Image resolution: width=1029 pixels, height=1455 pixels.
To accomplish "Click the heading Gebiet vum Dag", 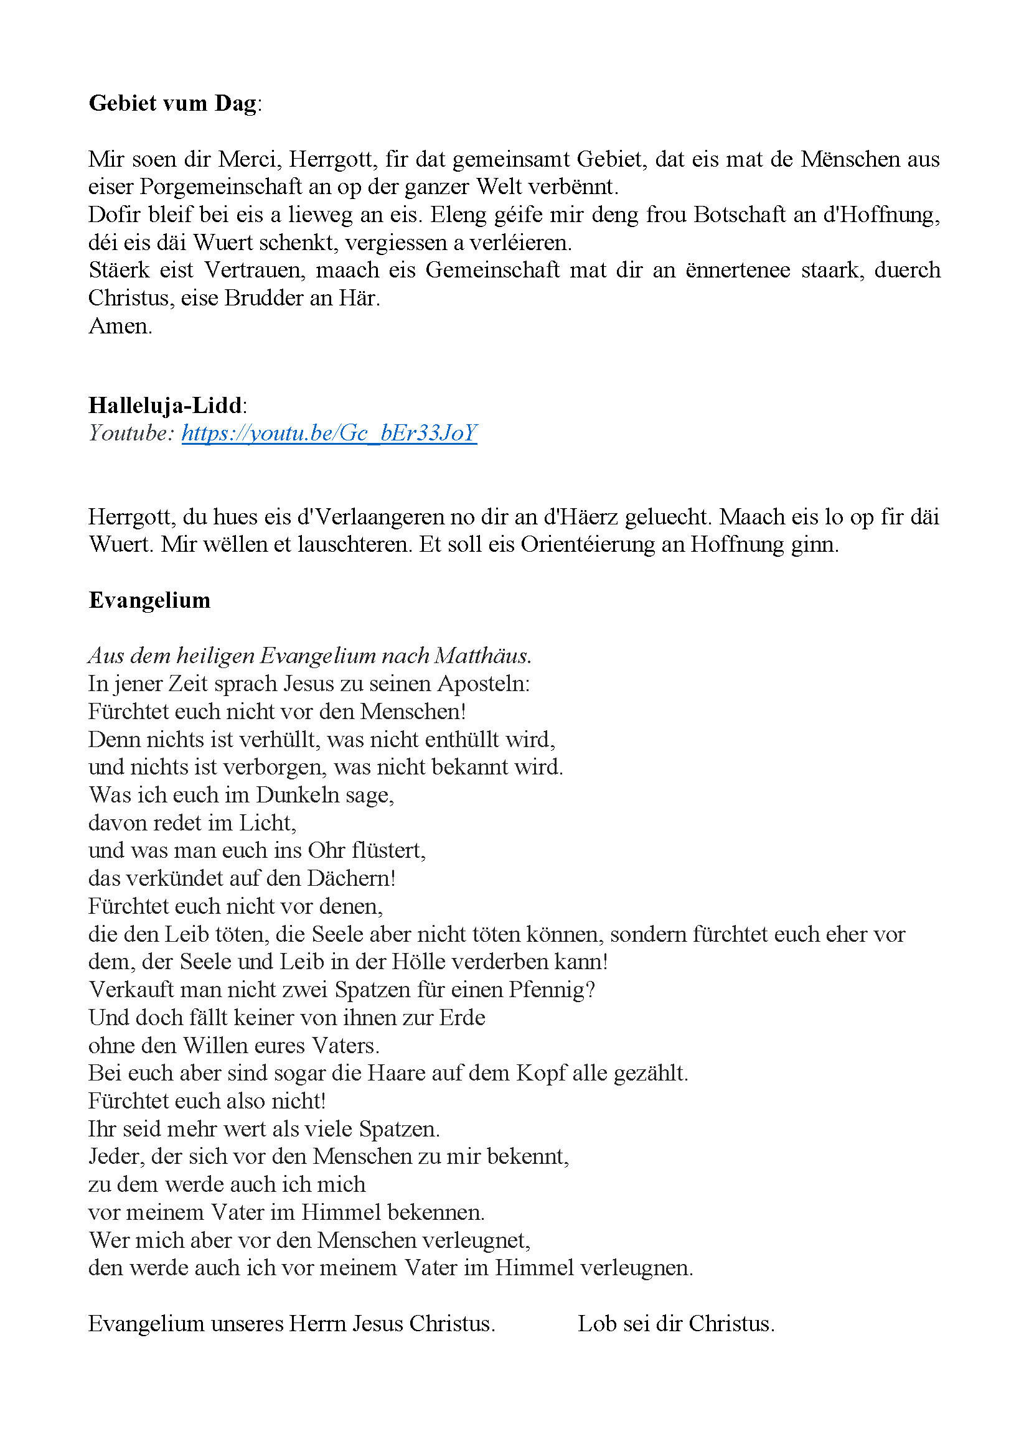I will [x=172, y=103].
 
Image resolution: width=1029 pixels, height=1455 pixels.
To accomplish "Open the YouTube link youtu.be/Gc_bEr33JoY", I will [x=329, y=433].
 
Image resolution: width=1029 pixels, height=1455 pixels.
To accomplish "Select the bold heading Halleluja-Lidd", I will [x=166, y=405].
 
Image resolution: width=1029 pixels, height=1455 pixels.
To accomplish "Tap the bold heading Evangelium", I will [x=149, y=600].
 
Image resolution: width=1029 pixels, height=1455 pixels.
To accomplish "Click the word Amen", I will [x=120, y=327].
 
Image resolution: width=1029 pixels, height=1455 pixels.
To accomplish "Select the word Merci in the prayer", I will [x=250, y=159].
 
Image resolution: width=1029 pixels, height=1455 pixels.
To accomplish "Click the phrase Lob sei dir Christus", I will [x=676, y=1324].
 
